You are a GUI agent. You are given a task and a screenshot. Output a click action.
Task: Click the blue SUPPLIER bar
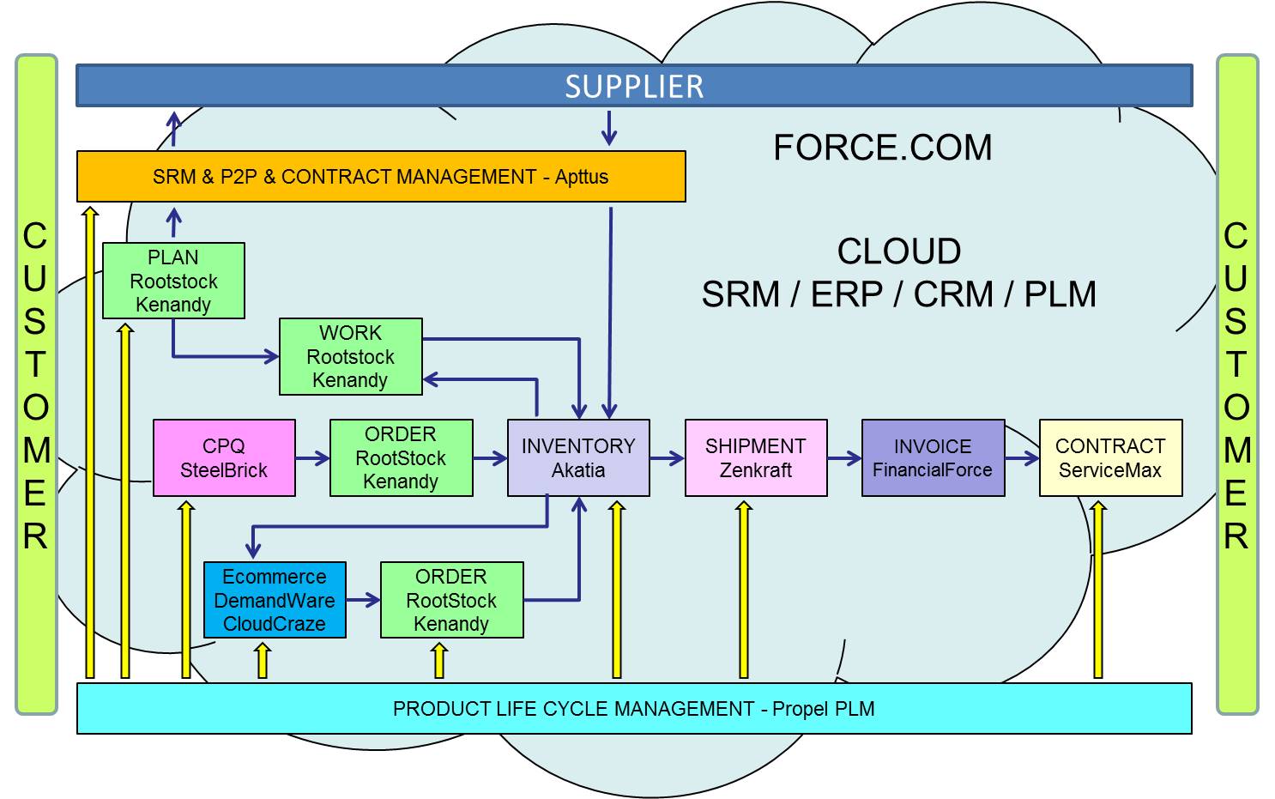coord(634,86)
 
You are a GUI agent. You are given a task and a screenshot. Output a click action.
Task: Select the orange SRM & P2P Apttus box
coord(381,177)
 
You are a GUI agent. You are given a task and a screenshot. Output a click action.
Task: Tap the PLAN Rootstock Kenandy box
coord(173,281)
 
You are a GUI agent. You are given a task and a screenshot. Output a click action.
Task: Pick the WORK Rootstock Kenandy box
coord(350,356)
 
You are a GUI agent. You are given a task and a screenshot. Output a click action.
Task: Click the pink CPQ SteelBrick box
coord(224,457)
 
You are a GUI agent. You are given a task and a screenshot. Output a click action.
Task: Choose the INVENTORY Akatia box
coord(578,457)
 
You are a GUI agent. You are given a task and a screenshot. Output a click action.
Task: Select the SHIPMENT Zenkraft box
coord(755,457)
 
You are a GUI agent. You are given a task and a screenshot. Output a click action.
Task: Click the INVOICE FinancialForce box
coord(933,457)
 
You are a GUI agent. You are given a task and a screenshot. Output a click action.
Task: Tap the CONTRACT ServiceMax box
coord(1110,457)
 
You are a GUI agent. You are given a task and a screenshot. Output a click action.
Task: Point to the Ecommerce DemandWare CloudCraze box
coord(275,600)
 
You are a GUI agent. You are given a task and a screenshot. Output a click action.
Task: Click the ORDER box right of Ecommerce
coord(451,600)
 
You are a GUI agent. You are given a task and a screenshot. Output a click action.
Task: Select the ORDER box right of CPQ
coord(401,457)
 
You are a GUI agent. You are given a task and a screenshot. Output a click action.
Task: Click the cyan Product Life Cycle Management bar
coord(634,708)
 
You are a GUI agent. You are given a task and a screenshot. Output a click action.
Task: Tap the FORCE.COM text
coord(882,148)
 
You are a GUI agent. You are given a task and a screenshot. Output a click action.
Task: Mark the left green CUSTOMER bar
coord(36,384)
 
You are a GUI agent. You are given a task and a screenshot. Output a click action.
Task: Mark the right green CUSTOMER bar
coord(1236,384)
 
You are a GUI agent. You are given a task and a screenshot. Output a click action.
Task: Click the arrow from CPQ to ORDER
coord(312,458)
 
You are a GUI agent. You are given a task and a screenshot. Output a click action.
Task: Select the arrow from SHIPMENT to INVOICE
coord(844,458)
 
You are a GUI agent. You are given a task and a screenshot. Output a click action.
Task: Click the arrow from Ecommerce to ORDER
coord(363,600)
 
